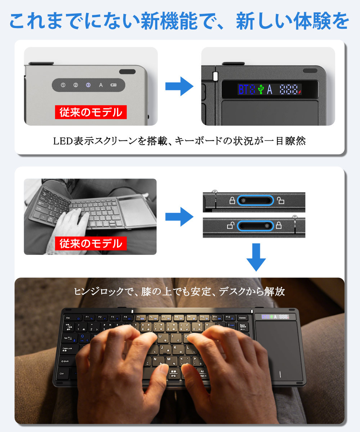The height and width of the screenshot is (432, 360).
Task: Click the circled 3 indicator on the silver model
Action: (88, 85)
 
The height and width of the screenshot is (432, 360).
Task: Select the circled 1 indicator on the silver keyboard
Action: (63, 85)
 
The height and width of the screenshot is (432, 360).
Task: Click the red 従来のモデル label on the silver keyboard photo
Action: (91, 112)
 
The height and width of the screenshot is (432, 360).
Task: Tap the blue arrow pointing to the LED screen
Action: (179, 86)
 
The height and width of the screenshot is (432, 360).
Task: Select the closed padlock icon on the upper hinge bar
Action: (232, 201)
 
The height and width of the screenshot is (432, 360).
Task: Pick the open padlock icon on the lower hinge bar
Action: (230, 226)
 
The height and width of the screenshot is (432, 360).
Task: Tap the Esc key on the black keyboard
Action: (69, 318)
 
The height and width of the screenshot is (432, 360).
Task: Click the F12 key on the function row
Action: (228, 318)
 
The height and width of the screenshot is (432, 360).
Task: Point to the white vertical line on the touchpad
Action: (280, 374)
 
